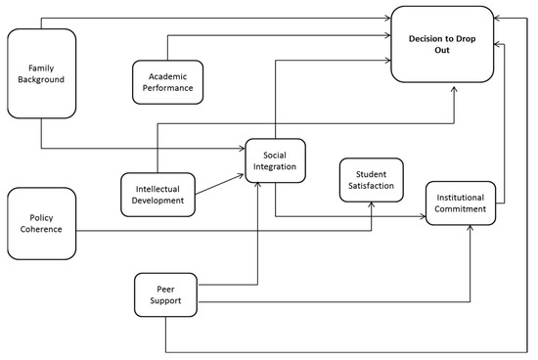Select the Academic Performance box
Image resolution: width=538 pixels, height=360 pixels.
point(168,80)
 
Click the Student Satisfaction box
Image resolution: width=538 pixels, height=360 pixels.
point(368,178)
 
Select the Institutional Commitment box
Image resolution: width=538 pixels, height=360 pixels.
point(461,203)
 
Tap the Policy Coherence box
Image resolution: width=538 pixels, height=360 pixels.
point(41,223)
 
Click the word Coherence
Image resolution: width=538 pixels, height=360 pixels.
point(41,230)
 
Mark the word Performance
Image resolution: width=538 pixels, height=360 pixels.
point(168,87)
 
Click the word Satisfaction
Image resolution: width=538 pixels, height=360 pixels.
point(368,184)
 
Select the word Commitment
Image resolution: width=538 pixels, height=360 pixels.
point(461,209)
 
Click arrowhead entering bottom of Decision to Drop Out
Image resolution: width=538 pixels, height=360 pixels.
point(455,86)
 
